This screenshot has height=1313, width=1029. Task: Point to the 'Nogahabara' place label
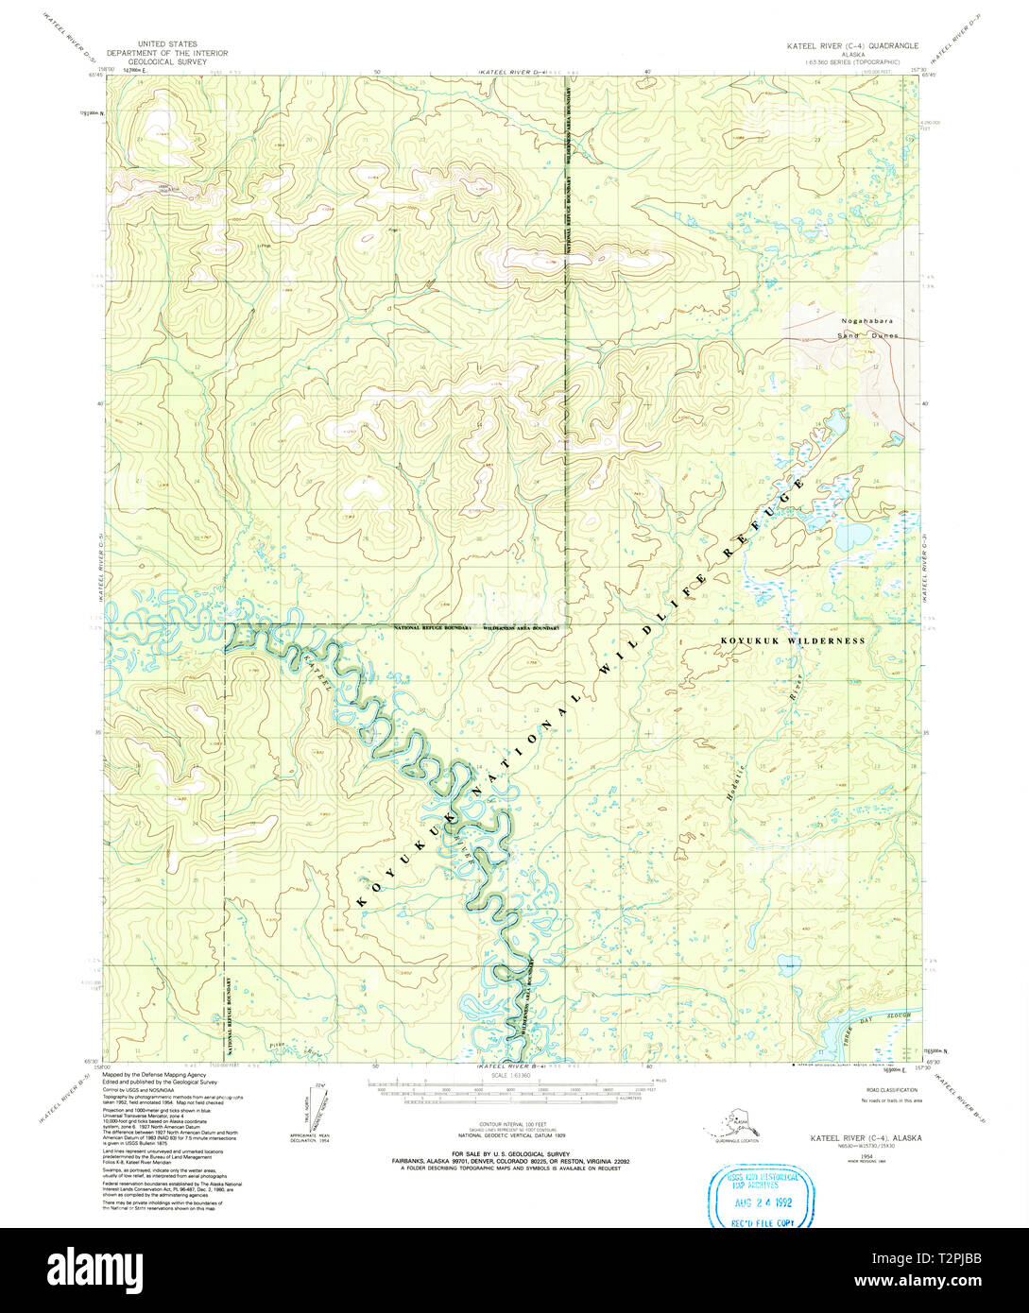(866, 321)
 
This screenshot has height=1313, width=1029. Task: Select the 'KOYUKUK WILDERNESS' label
(793, 640)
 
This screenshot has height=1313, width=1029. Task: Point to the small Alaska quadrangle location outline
(733, 1124)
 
